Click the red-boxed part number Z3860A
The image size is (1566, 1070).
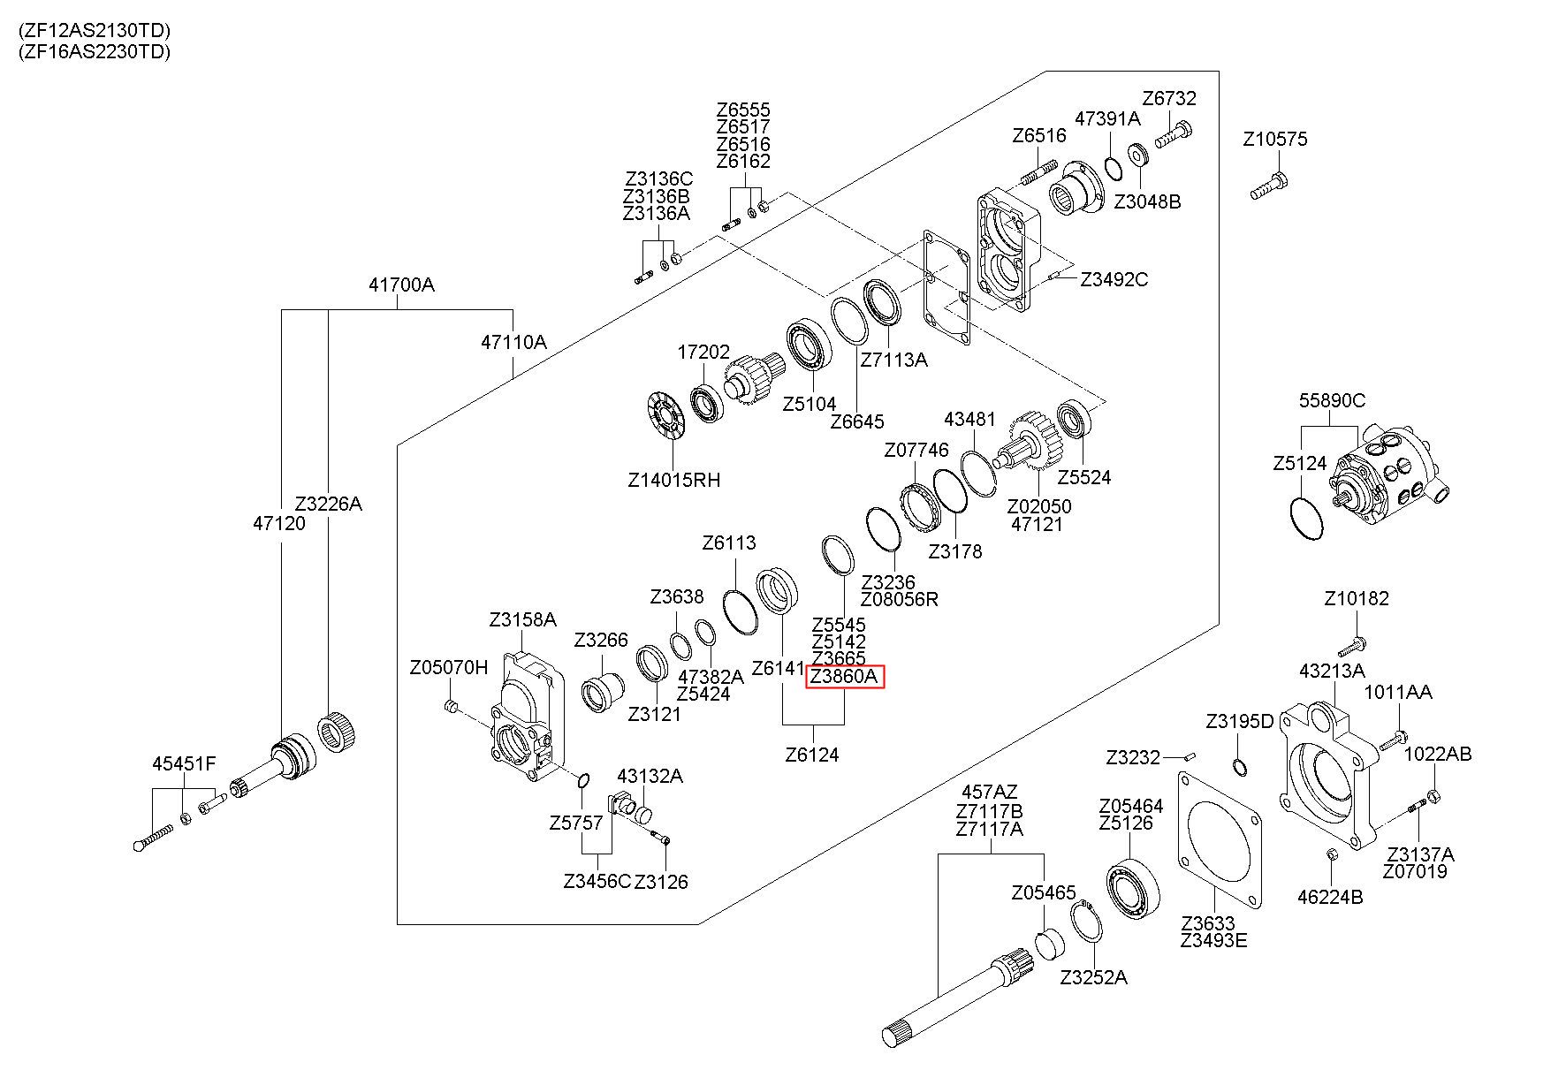tap(845, 677)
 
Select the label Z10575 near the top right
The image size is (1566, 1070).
tap(1274, 140)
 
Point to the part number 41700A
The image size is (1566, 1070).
tap(401, 285)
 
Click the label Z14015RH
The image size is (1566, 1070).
tap(673, 481)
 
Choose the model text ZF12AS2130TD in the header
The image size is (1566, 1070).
tap(95, 31)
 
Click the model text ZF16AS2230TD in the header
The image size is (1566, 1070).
tap(95, 51)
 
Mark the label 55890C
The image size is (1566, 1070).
tap(1332, 400)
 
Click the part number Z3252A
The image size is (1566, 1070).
tap(1094, 977)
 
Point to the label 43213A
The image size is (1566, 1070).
tap(1332, 671)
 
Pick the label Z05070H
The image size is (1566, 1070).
tap(449, 666)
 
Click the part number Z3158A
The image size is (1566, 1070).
tap(523, 620)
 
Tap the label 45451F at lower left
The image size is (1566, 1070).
tap(184, 763)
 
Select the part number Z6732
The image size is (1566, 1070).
tap(1169, 98)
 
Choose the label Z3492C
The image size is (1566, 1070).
tap(1114, 279)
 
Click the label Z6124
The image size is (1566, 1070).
tap(812, 755)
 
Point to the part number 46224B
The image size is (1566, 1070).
tap(1330, 898)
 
